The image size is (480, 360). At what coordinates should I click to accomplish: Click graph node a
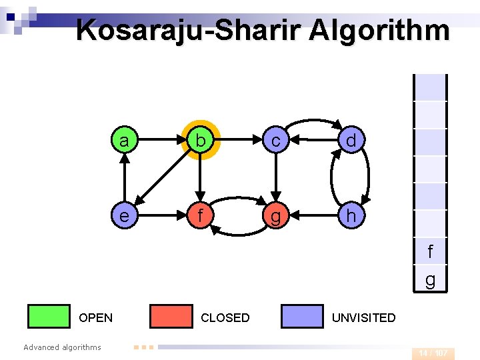point(123,141)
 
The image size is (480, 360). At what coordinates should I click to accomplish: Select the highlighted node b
point(199,141)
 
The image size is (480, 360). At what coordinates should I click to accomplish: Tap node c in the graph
point(275,141)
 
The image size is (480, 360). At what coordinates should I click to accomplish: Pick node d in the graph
point(351,141)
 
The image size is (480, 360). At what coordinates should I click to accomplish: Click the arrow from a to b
point(161,141)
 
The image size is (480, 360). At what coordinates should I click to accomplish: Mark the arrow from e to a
point(123,178)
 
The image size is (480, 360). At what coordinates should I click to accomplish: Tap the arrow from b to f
point(199,179)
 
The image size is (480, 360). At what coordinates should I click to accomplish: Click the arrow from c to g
point(275,178)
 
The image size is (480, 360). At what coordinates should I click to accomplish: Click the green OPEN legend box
point(49,317)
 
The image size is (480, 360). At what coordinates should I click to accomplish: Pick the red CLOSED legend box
point(171,317)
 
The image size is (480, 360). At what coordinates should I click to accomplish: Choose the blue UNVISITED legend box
point(302,317)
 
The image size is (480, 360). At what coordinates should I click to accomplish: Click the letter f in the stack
point(430,252)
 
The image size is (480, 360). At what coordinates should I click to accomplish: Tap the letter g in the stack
point(430,280)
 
